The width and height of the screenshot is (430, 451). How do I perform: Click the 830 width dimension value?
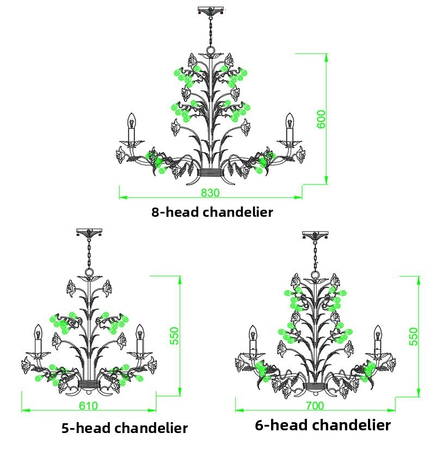(210, 192)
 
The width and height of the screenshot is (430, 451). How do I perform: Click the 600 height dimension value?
(321, 119)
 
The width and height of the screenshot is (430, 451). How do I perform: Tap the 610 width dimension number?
(88, 406)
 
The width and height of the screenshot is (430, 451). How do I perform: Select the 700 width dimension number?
(315, 406)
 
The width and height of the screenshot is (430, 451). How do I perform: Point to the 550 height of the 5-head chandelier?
(174, 336)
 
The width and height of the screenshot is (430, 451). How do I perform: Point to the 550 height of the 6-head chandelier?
(413, 336)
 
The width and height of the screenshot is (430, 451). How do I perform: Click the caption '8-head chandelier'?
(212, 212)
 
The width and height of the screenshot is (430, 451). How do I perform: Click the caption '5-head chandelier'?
(125, 428)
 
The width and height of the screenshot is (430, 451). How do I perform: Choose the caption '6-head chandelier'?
(323, 425)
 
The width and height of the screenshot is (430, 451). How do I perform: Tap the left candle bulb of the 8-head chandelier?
(131, 121)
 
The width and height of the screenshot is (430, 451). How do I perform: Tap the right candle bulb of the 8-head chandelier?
(289, 121)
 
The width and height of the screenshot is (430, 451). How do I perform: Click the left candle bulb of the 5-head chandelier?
(38, 332)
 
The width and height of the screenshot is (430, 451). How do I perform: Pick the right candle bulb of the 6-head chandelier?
(378, 333)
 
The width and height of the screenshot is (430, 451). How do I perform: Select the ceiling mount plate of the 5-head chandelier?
(89, 232)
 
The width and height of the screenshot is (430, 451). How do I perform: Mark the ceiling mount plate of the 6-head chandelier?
(315, 234)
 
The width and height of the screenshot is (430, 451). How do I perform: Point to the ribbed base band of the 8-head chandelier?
(211, 172)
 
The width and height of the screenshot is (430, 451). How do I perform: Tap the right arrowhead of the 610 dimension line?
(152, 410)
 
